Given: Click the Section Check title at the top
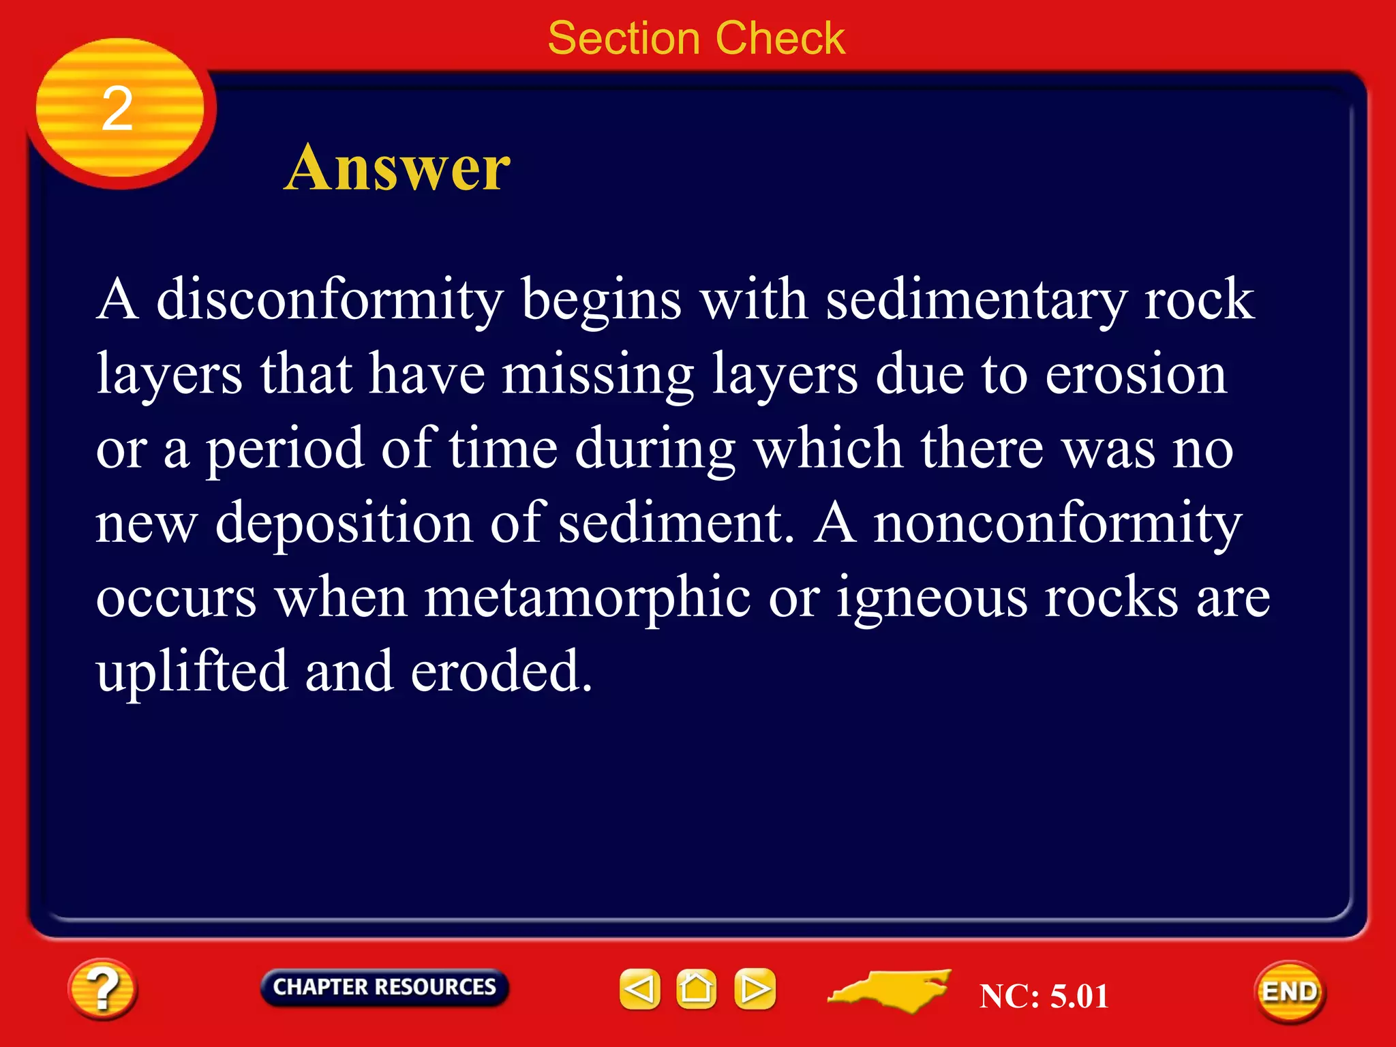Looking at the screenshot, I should tap(696, 38).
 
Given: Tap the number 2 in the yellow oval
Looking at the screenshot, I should tap(117, 109).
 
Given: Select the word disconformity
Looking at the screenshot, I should tap(330, 301).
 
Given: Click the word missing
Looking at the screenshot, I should tap(598, 375).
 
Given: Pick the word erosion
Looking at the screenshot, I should tap(1136, 375).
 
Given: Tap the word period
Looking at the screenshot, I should tap(285, 450).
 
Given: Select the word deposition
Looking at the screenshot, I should tap(344, 523).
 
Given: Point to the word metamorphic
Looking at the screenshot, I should tap(588, 598).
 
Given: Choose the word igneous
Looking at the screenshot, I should tap(932, 598).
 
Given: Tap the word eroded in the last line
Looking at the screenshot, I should tap(501, 672).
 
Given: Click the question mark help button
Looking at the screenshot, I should tap(102, 989).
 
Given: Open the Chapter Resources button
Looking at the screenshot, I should tap(384, 987).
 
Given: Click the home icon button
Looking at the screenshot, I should tap(696, 988).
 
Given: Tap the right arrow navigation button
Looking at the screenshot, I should tap(755, 988).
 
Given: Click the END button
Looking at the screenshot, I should tap(1290, 992).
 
